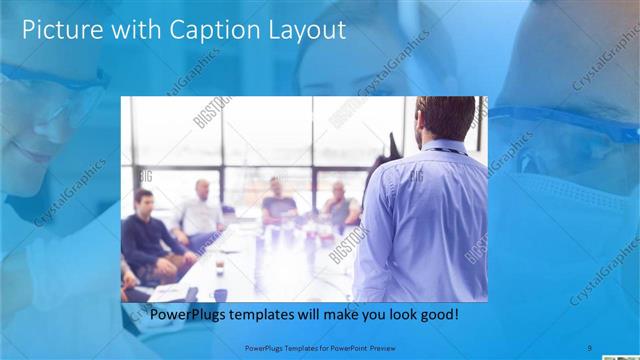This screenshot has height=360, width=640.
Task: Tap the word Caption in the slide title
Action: coord(197,29)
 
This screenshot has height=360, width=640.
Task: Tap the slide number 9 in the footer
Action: coord(590,347)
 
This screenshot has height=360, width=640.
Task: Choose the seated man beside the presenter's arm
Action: coord(340,205)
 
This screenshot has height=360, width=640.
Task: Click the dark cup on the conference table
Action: coord(220,293)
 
